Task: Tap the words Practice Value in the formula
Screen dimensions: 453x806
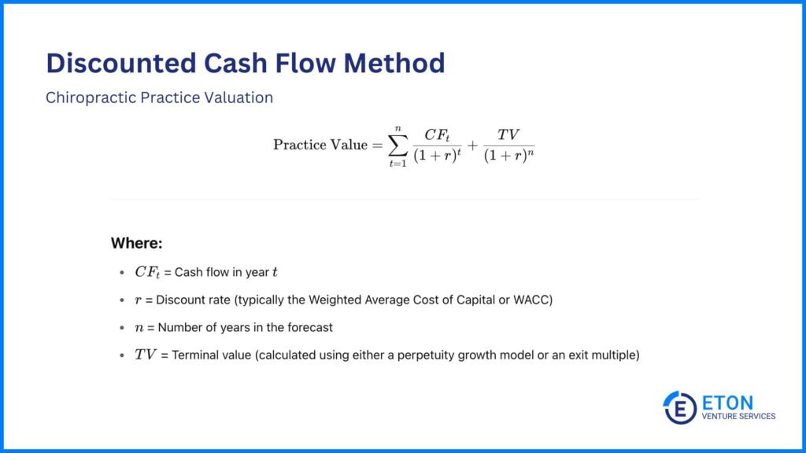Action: [320, 145]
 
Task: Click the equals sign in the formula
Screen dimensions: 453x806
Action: [376, 145]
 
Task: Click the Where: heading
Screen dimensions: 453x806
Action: [136, 243]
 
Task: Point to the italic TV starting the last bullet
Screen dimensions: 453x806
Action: [146, 355]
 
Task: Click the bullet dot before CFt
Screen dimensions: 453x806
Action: [120, 273]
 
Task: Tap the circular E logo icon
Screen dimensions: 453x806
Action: [679, 407]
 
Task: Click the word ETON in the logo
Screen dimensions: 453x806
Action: [727, 401]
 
